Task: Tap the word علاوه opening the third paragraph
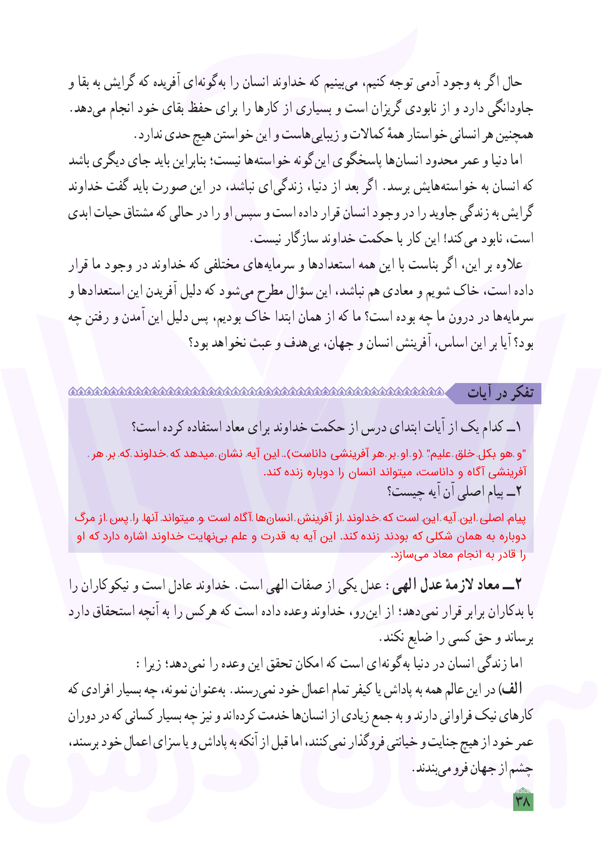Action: [x=506, y=265]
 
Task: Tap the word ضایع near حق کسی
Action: [x=417, y=637]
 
